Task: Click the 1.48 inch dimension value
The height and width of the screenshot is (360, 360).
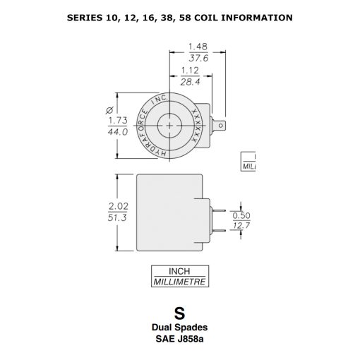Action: click(196, 47)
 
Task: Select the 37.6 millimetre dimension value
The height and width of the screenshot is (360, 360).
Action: click(196, 59)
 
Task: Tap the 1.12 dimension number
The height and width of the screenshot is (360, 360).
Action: click(188, 71)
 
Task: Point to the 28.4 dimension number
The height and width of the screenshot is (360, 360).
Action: click(188, 82)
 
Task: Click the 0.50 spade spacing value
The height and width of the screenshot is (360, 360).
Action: click(242, 215)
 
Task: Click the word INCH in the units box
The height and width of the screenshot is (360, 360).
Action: click(179, 271)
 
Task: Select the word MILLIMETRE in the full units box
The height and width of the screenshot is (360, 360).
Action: click(179, 281)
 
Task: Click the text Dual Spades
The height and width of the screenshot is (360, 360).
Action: click(179, 328)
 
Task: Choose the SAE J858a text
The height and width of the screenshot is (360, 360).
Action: click(179, 338)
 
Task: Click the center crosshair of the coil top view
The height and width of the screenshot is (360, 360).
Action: click(169, 126)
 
